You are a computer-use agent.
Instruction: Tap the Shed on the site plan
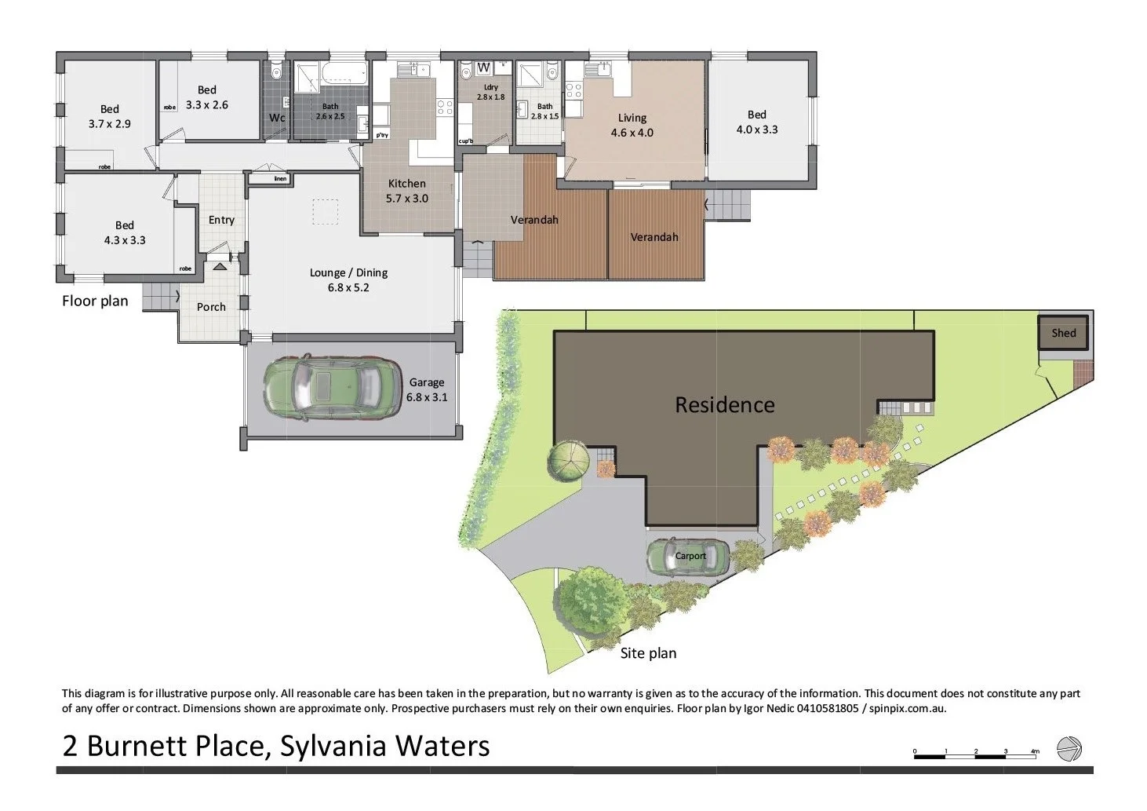pyautogui.click(x=1063, y=333)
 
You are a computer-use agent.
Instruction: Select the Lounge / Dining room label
pyautogui.click(x=348, y=280)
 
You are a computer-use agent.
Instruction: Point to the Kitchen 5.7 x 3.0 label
pyautogui.click(x=406, y=191)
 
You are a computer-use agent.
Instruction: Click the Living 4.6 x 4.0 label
pyautogui.click(x=632, y=125)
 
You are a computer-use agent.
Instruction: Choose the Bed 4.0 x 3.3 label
pyautogui.click(x=756, y=122)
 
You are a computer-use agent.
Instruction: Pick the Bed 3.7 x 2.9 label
pyautogui.click(x=109, y=116)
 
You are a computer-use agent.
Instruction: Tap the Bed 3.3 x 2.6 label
pyautogui.click(x=206, y=97)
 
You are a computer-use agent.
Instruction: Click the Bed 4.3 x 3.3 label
pyautogui.click(x=124, y=232)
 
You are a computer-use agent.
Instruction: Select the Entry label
pyautogui.click(x=221, y=220)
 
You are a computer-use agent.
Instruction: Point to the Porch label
pyautogui.click(x=211, y=307)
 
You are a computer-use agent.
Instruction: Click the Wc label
pyautogui.click(x=277, y=118)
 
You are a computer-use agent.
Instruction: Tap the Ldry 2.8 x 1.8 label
pyautogui.click(x=490, y=92)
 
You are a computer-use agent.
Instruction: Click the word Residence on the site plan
pyautogui.click(x=724, y=405)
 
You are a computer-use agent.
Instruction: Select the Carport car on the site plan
pyautogui.click(x=688, y=557)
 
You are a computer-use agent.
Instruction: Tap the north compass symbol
pyautogui.click(x=1069, y=749)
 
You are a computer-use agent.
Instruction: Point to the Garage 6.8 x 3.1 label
pyautogui.click(x=426, y=389)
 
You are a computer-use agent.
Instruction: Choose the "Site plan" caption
pyautogui.click(x=648, y=653)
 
